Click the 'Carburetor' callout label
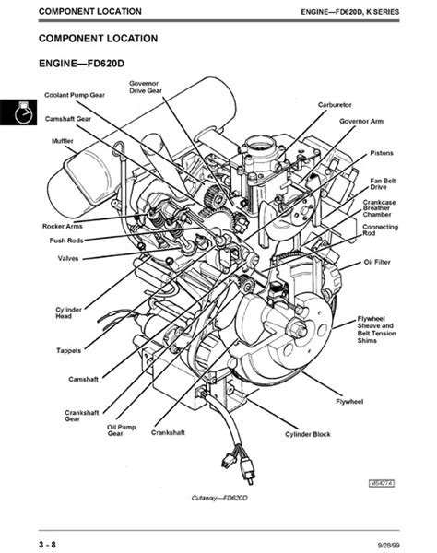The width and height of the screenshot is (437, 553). tap(335, 105)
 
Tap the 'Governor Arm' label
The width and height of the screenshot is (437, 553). tap(361, 121)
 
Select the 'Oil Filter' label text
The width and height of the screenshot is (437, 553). tap(377, 262)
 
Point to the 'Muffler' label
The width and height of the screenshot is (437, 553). tap(63, 141)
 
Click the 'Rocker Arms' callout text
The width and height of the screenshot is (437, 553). tap(63, 226)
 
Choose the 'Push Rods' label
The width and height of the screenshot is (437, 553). tap(66, 241)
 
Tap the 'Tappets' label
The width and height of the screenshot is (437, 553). tap(69, 350)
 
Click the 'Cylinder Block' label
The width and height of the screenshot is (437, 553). tap(308, 434)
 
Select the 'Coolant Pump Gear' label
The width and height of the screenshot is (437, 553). tap(75, 95)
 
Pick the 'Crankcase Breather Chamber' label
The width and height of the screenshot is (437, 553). tap(380, 208)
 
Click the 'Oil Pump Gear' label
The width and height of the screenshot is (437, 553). tap(122, 430)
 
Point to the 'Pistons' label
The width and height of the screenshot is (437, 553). tap(382, 153)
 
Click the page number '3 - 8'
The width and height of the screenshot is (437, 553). tap(47, 544)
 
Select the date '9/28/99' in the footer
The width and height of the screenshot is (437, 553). tap(389, 546)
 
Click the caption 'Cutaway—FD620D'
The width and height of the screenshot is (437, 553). tap(219, 498)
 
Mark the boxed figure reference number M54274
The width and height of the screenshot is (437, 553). tap(382, 483)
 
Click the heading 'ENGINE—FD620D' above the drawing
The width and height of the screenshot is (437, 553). tap(81, 64)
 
